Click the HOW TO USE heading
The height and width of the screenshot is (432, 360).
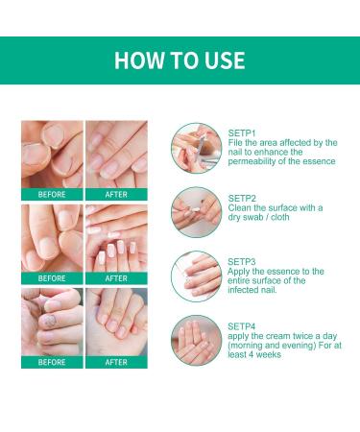[x=180, y=60]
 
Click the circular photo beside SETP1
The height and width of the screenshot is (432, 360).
[x=191, y=147]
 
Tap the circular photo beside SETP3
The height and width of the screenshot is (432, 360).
[x=191, y=273]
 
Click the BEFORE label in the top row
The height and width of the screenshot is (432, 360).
[x=52, y=194]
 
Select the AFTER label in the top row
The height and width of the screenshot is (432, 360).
[x=116, y=194]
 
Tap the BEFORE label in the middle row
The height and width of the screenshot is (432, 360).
[x=52, y=278]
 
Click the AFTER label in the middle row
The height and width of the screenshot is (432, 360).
[x=116, y=278]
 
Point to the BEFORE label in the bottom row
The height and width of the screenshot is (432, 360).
[x=52, y=363]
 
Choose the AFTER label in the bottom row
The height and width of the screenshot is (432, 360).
[x=116, y=363]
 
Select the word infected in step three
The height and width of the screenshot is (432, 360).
[x=246, y=290]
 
